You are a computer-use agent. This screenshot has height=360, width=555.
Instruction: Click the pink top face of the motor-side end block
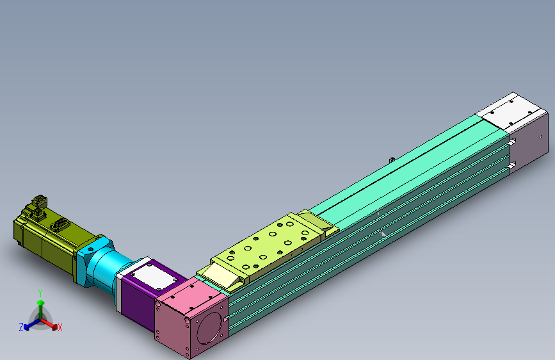point(192,295)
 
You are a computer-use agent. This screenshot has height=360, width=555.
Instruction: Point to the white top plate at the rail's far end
point(511,111)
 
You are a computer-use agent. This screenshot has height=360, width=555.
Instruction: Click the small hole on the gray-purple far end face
point(540,137)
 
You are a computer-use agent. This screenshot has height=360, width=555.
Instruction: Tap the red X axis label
point(60,327)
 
